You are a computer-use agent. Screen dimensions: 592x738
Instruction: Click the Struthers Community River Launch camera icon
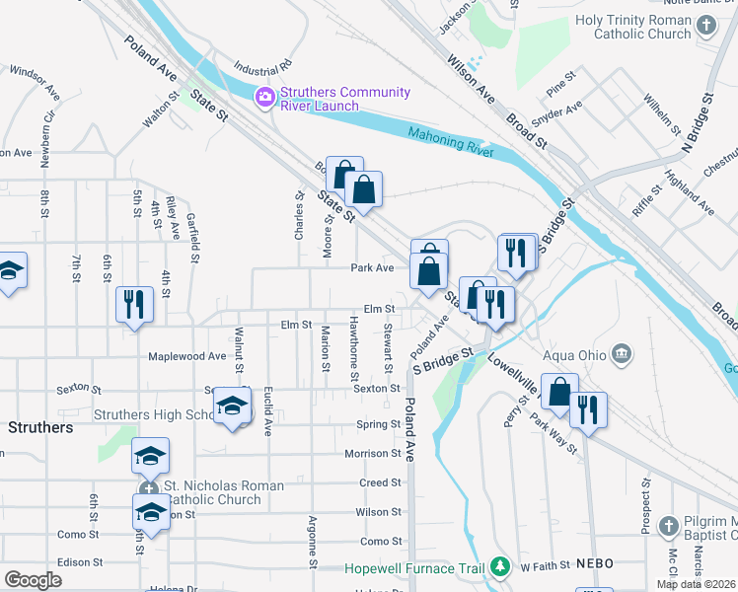(265, 97)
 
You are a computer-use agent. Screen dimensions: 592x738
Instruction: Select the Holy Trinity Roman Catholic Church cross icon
(705, 27)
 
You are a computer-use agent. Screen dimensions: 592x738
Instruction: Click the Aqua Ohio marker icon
(622, 353)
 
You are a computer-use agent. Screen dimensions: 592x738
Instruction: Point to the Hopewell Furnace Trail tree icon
(500, 567)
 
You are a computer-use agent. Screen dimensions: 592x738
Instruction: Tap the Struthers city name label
(40, 428)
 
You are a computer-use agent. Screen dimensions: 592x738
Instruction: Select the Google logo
(33, 580)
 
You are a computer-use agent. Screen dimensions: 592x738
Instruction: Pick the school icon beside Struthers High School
(232, 406)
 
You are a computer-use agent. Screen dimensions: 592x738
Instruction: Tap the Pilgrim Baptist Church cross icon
(668, 525)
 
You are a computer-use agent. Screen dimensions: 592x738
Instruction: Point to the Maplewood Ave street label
(186, 356)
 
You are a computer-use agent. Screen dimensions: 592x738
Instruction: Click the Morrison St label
(373, 454)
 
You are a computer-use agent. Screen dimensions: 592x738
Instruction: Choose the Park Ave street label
(372, 267)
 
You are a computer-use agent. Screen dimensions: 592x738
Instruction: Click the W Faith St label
(546, 566)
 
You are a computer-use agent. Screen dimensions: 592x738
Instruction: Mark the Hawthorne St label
(354, 349)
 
